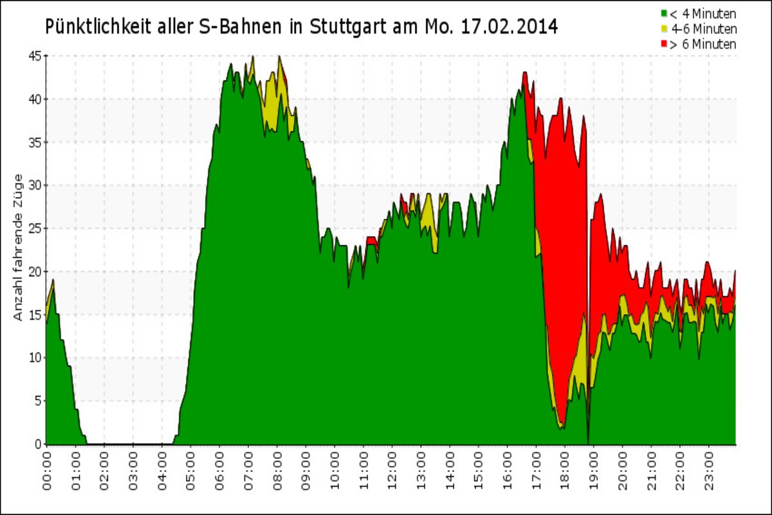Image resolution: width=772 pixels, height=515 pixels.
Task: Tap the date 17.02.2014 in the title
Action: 511,27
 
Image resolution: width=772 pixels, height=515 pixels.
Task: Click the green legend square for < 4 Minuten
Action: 663,13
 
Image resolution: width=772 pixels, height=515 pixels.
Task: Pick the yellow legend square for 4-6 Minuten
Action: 663,29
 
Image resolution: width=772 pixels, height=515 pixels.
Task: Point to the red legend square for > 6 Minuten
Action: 663,44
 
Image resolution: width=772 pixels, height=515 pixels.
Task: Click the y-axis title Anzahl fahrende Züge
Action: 19,247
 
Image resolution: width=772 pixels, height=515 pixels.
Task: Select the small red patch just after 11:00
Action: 371,241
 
